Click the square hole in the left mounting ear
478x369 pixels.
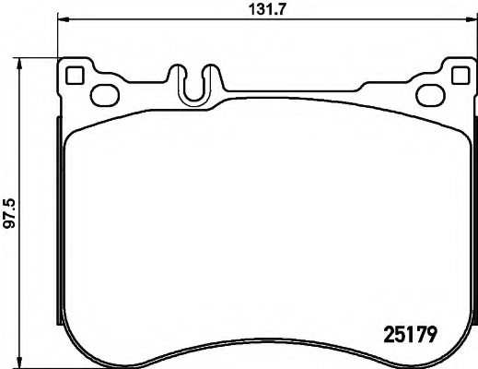(x=76, y=77)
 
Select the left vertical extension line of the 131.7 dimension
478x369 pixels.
(x=57, y=42)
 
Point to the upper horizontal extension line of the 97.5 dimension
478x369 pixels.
(x=37, y=57)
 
